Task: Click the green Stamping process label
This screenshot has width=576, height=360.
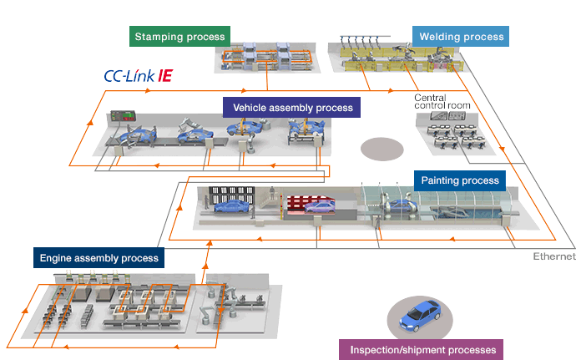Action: click(179, 37)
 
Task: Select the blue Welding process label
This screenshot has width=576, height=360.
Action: click(460, 37)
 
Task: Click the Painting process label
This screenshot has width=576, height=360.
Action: click(460, 180)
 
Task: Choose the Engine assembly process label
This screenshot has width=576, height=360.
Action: click(99, 258)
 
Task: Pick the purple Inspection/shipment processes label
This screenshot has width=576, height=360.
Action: click(423, 349)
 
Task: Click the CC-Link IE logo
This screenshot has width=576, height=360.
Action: click(138, 75)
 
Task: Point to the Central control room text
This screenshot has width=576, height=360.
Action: click(442, 102)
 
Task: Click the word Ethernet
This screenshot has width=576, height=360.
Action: click(554, 256)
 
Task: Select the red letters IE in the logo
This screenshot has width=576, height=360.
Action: click(165, 75)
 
